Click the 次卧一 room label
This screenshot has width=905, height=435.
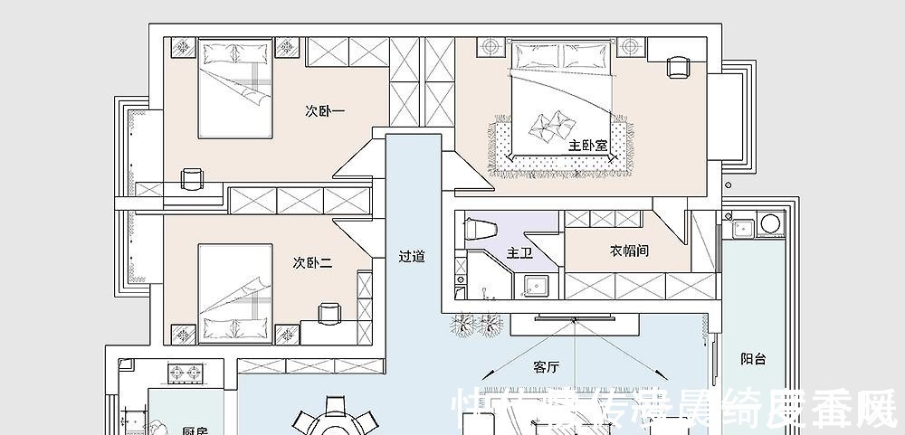coord(325,111)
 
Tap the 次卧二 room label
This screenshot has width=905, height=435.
coord(312,263)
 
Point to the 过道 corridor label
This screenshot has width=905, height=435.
coord(412,256)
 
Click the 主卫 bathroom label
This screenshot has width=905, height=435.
coord(519,253)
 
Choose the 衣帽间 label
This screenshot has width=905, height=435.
coord(629,251)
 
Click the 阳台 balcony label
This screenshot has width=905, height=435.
coord(753,359)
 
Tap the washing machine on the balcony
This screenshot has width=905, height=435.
coord(770,222)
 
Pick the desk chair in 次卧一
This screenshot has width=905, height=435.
coord(191,179)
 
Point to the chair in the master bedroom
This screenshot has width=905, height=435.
coord(676,66)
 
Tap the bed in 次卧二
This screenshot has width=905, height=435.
coord(234,293)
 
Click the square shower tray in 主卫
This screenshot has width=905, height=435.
coord(536,285)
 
